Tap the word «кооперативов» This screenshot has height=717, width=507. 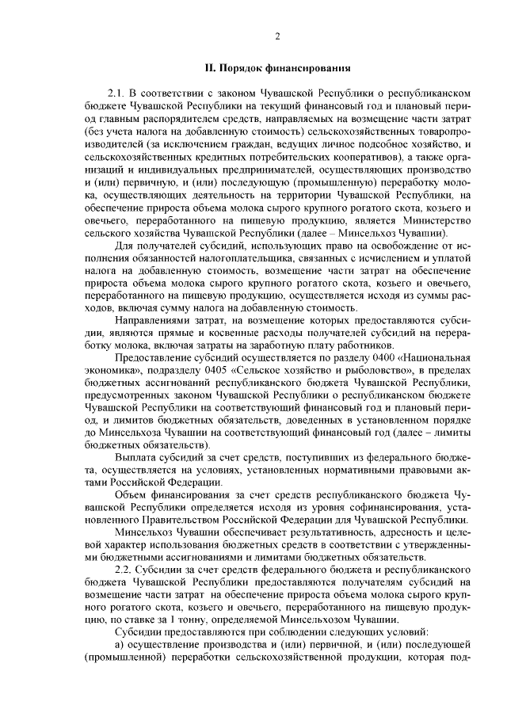tap(286, 158)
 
